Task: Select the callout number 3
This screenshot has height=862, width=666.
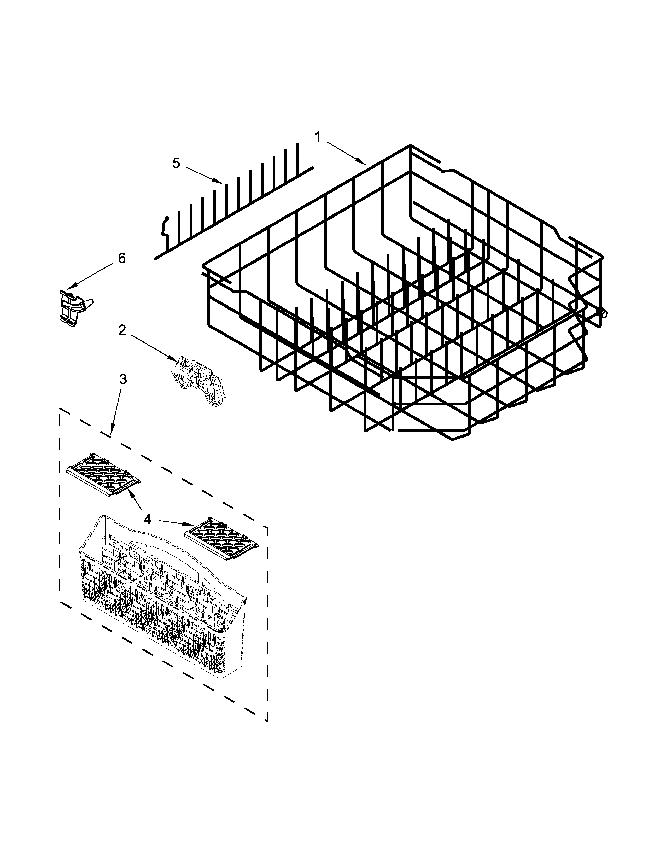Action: click(123, 379)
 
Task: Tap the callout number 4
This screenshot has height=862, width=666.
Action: click(147, 519)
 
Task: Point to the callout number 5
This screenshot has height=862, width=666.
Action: click(176, 163)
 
